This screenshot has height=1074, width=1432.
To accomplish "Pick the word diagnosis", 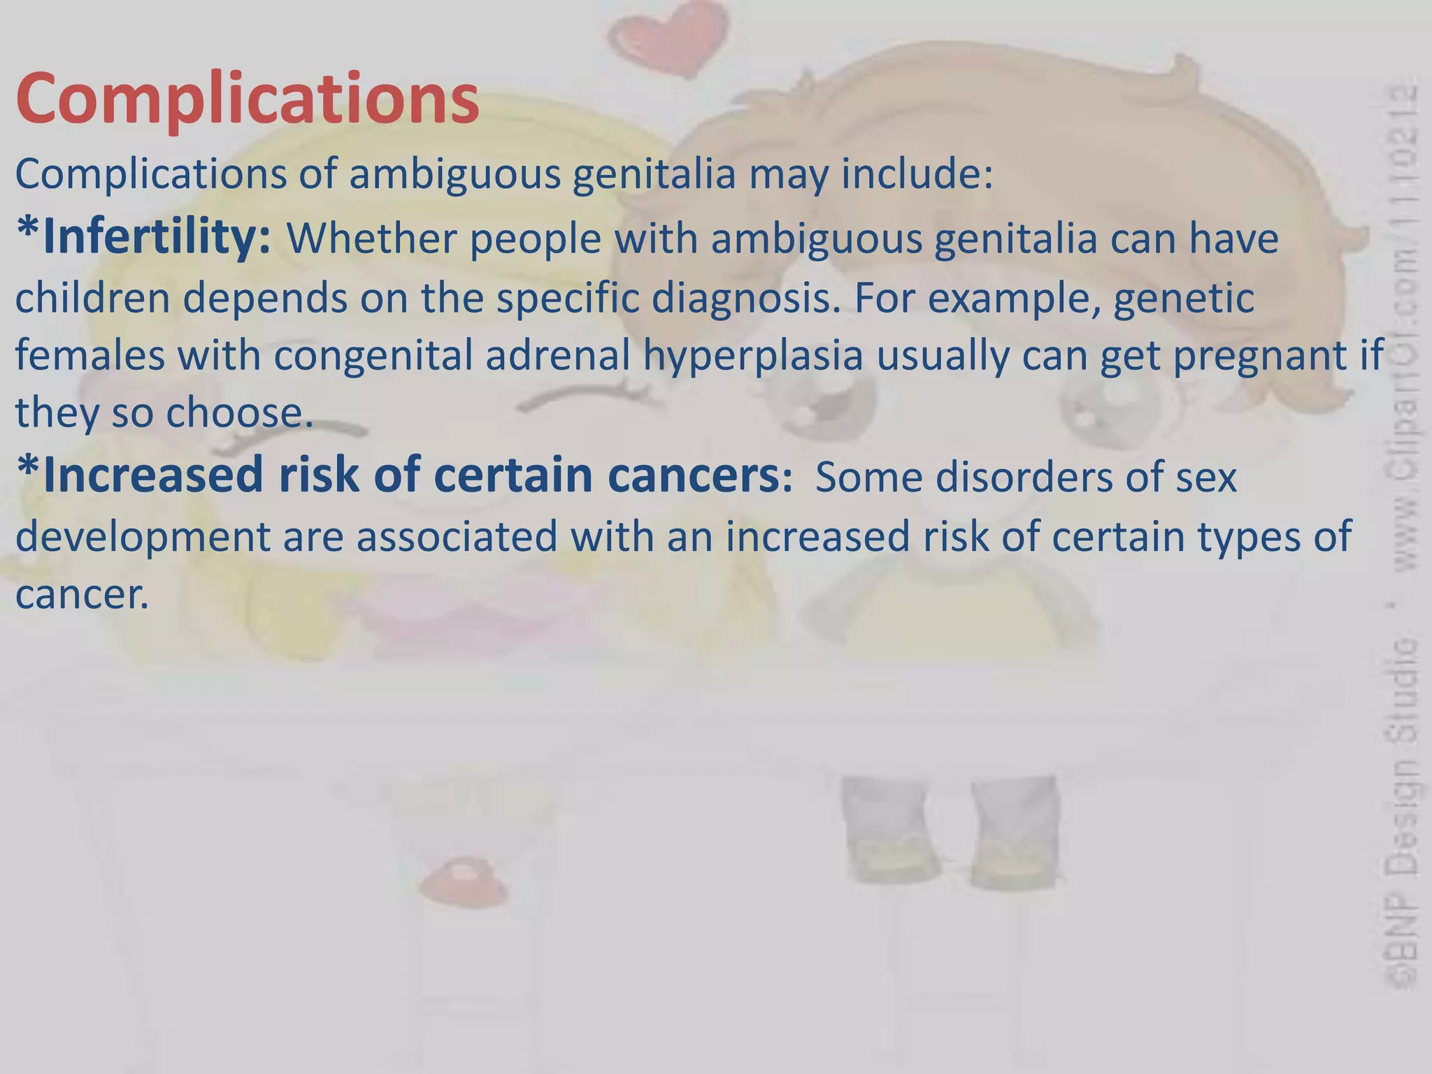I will tap(745, 297).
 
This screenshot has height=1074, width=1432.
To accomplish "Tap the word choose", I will tap(238, 413).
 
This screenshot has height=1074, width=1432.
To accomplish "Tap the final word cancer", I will tap(82, 594).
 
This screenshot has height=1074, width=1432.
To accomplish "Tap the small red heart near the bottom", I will tap(462, 881).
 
